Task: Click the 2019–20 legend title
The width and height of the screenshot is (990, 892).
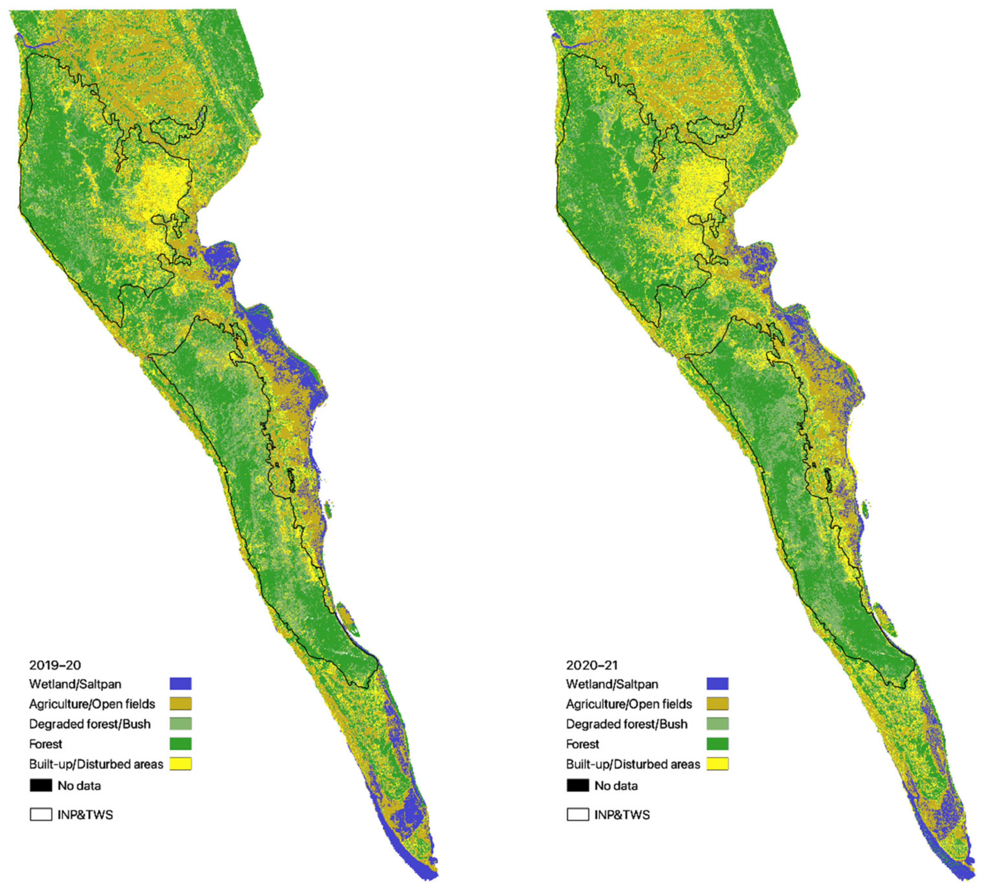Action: click(x=55, y=665)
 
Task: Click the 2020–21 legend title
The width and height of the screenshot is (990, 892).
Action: click(x=592, y=665)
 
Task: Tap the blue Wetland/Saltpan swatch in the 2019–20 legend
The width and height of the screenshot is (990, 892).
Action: click(x=181, y=684)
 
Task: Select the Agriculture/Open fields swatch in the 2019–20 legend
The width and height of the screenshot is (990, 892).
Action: click(x=181, y=704)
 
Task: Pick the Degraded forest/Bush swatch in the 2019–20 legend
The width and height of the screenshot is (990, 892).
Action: click(x=181, y=724)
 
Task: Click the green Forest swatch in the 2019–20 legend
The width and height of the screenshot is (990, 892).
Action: click(x=181, y=744)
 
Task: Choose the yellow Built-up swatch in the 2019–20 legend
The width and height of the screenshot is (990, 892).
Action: click(x=181, y=764)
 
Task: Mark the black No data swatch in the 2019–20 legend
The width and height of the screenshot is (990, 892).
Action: click(x=41, y=786)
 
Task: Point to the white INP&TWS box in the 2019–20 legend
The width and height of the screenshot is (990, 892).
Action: click(x=41, y=814)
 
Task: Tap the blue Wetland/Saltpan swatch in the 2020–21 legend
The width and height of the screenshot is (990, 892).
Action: click(x=718, y=684)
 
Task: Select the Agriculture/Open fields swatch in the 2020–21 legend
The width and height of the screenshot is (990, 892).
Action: click(x=718, y=704)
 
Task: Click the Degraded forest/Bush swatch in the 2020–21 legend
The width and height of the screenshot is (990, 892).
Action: click(x=718, y=724)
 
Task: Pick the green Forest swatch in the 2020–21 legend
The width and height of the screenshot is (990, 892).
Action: click(x=718, y=744)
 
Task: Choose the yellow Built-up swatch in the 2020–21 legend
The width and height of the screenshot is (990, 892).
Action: click(x=718, y=764)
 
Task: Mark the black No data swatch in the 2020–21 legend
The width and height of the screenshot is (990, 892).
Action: click(x=577, y=786)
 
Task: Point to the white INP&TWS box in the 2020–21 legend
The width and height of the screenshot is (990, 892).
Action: click(x=577, y=814)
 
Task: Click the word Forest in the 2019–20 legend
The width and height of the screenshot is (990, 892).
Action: click(x=45, y=744)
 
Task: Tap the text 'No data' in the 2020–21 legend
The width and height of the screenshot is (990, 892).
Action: click(x=616, y=786)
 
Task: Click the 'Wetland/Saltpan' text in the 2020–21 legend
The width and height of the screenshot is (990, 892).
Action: click(x=612, y=684)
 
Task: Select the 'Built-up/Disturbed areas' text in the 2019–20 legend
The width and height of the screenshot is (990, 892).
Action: click(x=96, y=764)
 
